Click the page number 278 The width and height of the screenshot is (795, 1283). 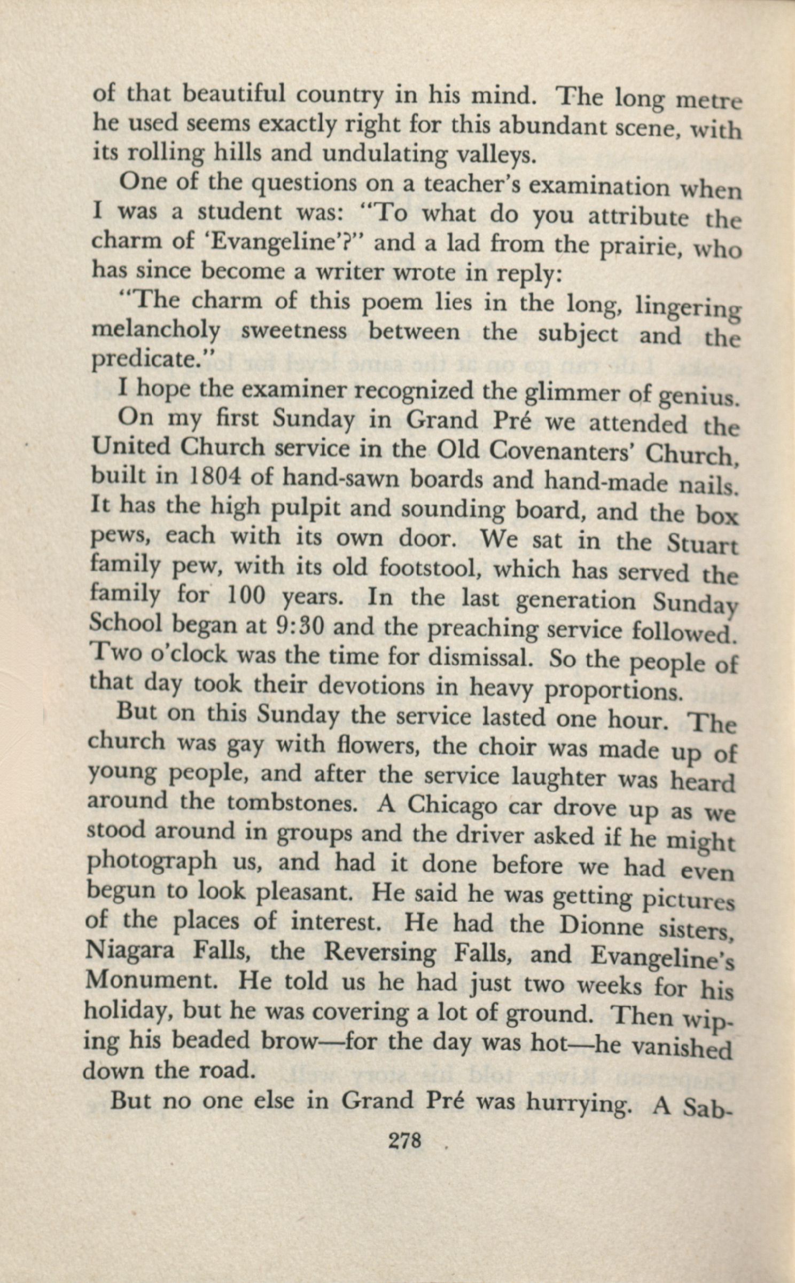[405, 1142]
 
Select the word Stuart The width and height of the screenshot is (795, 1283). [703, 545]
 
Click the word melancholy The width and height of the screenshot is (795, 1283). [155, 331]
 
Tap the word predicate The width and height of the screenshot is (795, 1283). [147, 360]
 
